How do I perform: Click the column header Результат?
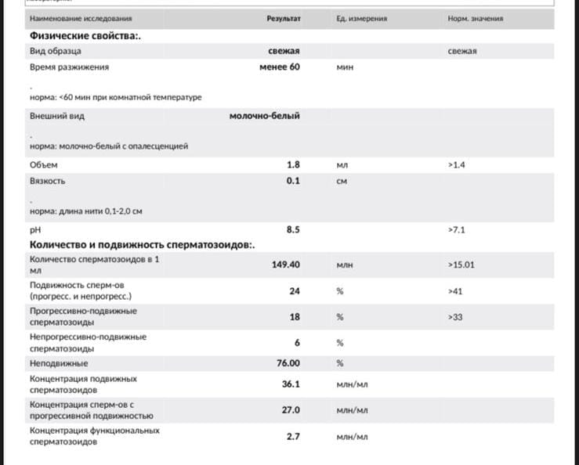coord(284,18)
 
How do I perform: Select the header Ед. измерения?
coord(361,18)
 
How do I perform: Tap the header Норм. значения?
coord(475,18)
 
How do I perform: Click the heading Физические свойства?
coord(85,35)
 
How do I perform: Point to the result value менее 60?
coord(279,67)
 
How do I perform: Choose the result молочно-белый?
coord(264,116)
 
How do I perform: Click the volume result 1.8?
coord(293,165)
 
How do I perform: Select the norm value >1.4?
coord(457,165)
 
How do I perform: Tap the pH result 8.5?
coord(293,229)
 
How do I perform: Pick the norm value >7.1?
coord(457,229)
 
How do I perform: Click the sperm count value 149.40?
coord(285,265)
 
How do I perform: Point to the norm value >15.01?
coord(461,265)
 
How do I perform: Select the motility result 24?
coord(295,290)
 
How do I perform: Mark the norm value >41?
coord(455,290)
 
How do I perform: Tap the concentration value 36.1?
coord(291,384)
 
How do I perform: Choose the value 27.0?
coord(291,409)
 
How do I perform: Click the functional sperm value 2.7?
coord(293,436)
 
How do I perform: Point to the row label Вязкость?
coord(47,181)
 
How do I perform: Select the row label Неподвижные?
coord(59,363)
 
